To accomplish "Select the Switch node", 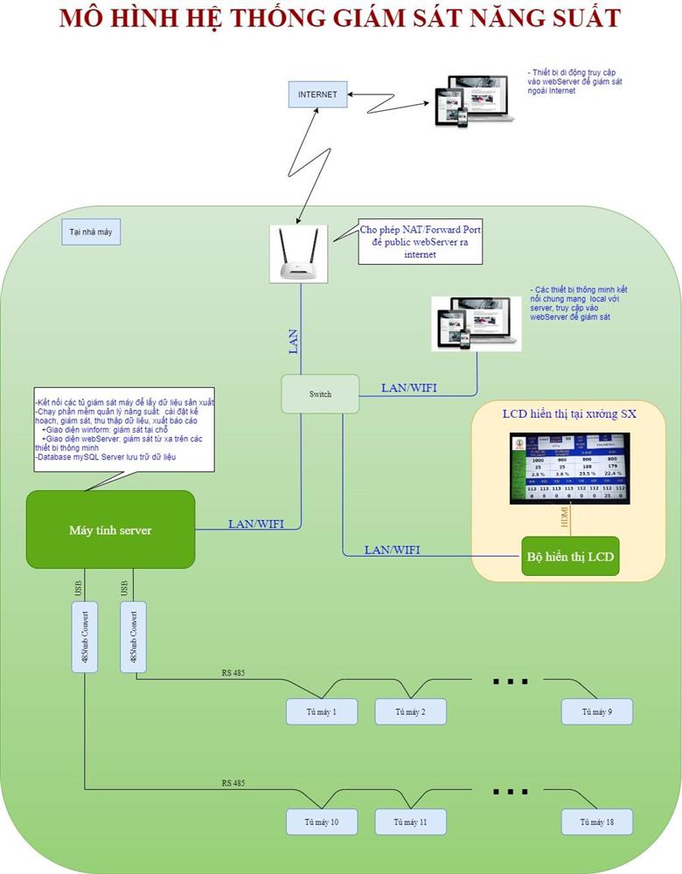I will click(319, 394).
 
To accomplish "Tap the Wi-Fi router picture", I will click(298, 253).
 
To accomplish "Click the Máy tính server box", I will click(110, 530).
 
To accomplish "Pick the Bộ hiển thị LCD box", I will click(570, 556).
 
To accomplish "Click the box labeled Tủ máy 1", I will click(322, 711).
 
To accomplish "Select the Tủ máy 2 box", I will click(410, 711).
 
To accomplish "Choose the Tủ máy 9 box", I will click(596, 711).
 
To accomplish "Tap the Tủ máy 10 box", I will click(322, 822).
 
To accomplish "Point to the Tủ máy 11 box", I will click(410, 822).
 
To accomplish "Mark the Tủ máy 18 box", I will click(596, 822).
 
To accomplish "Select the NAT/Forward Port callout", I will click(421, 242).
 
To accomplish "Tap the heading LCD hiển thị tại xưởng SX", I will click(569, 413).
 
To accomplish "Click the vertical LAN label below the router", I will click(294, 340).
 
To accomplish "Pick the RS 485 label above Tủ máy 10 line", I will click(233, 783).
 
